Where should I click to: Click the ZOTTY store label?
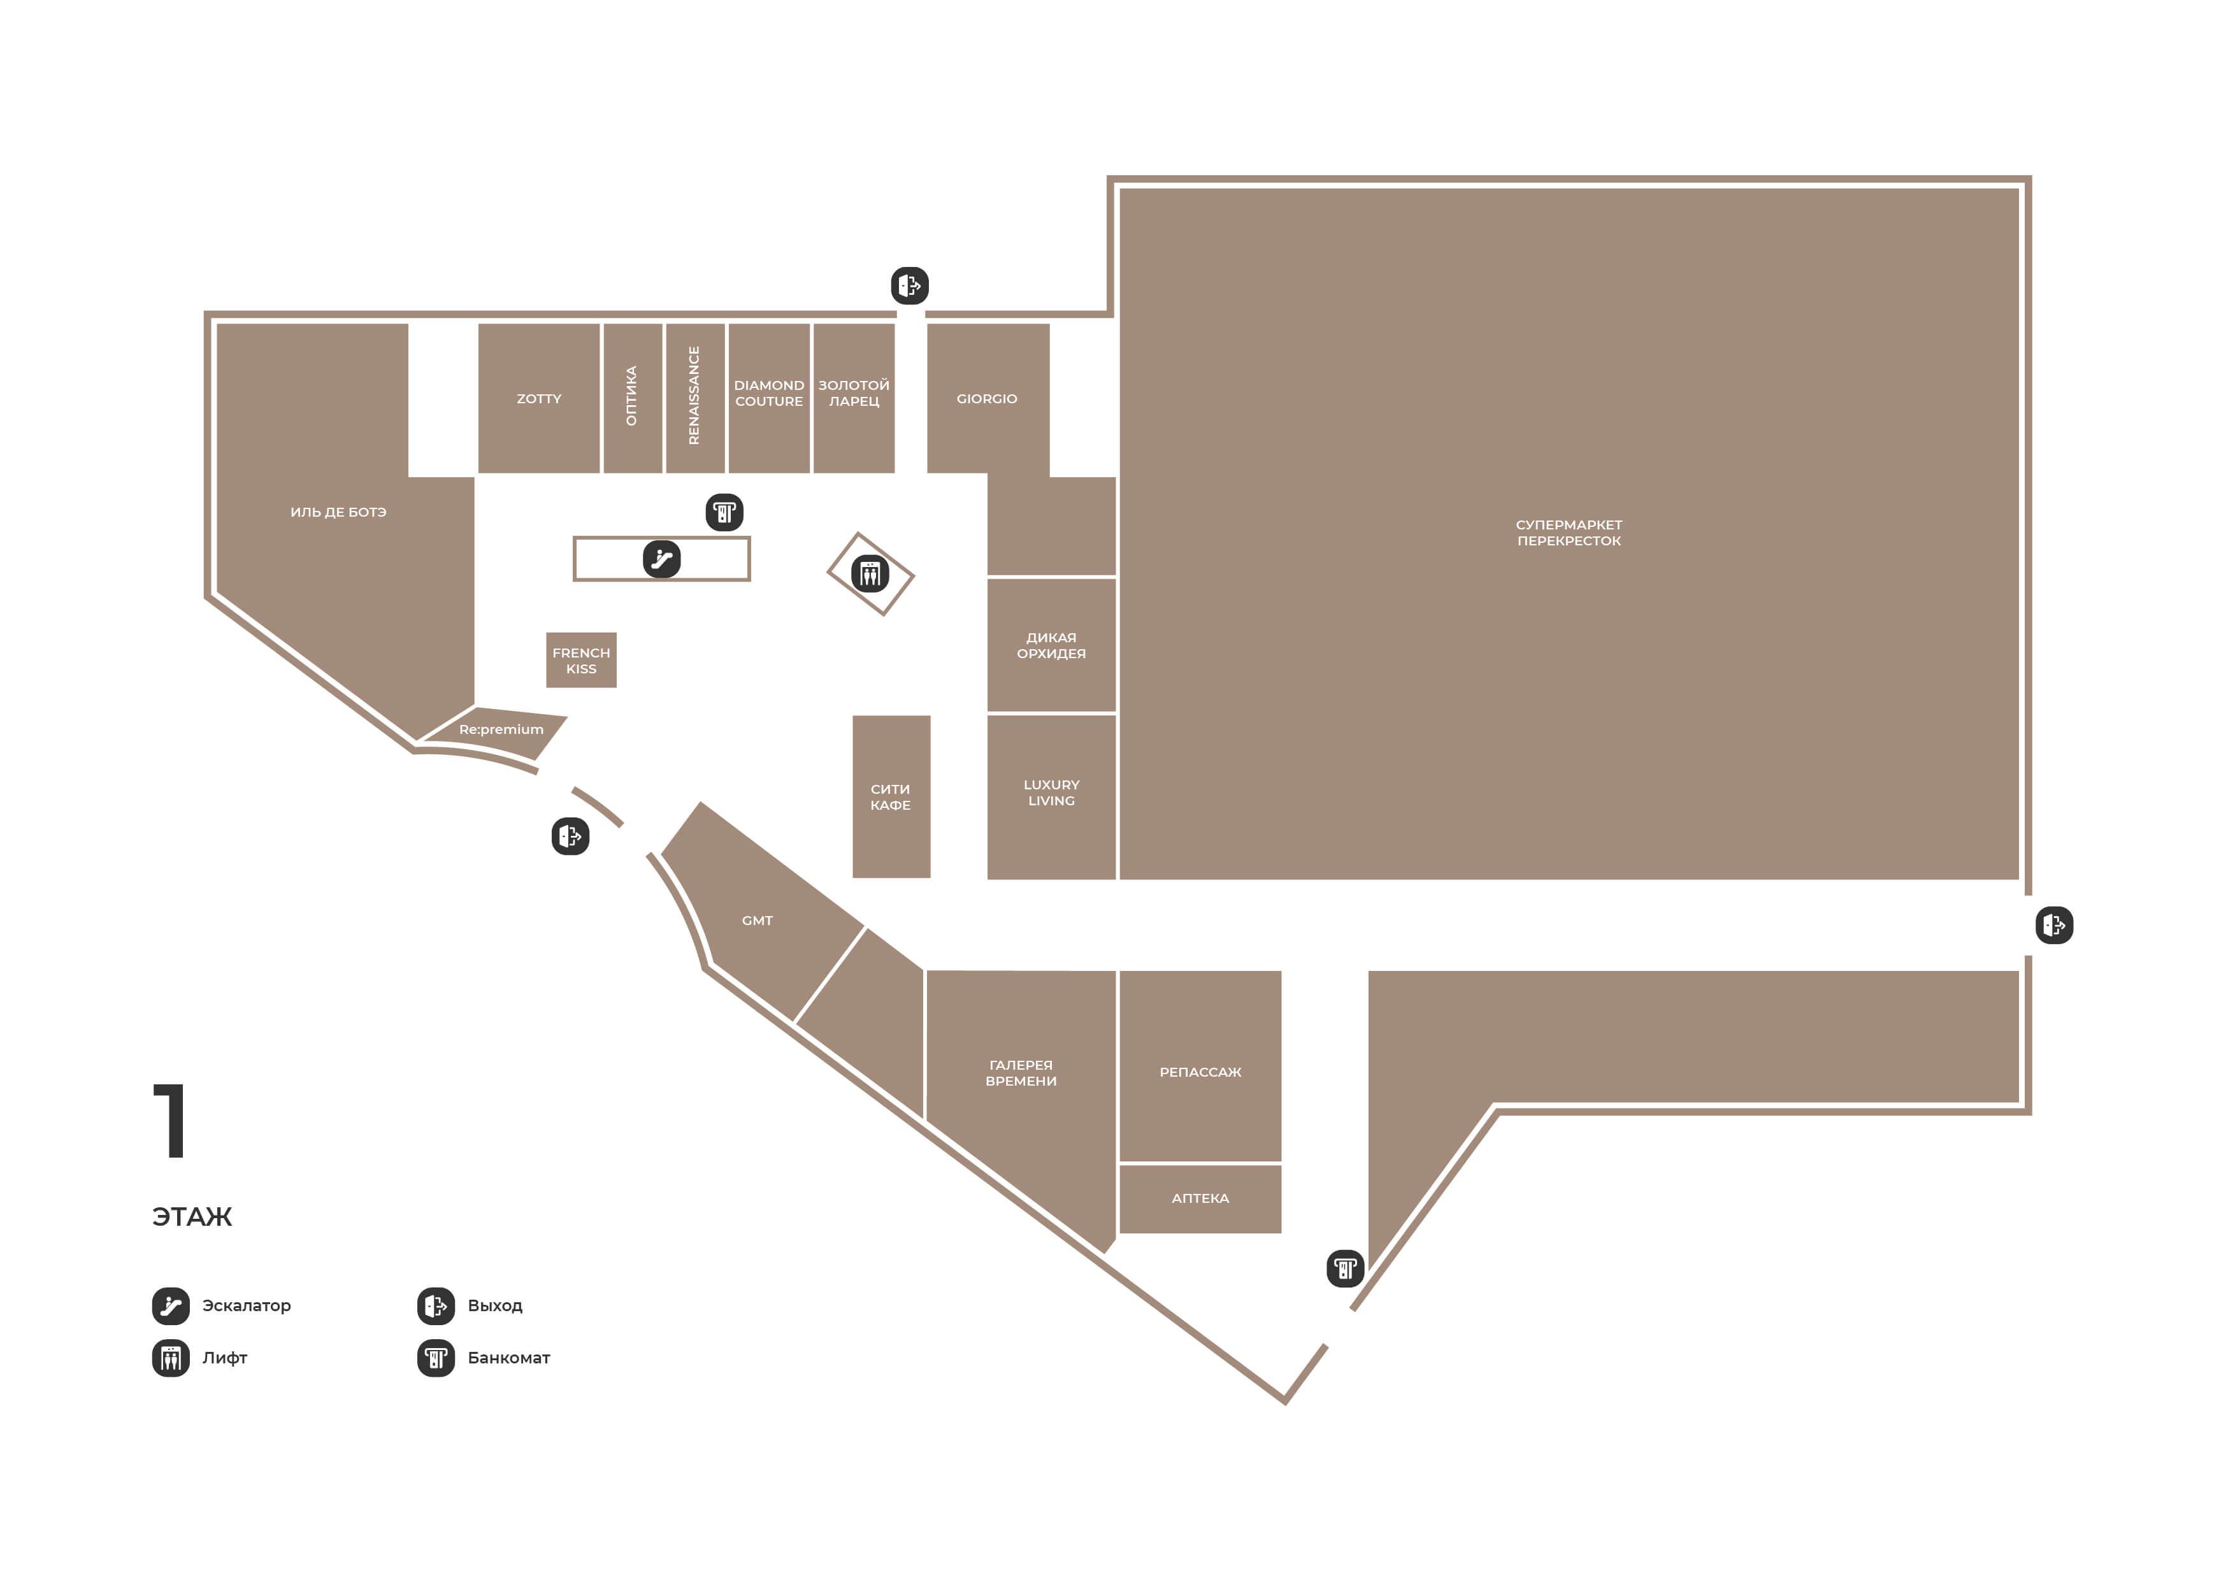(x=538, y=398)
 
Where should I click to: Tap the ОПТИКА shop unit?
(x=633, y=398)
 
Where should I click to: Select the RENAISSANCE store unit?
(x=695, y=398)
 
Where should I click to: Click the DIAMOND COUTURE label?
(x=769, y=393)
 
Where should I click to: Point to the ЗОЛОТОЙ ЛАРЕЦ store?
(x=854, y=398)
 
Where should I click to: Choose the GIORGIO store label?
(x=986, y=398)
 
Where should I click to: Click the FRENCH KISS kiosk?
(x=581, y=660)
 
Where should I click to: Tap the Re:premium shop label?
(x=501, y=729)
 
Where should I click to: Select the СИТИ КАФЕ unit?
(x=891, y=796)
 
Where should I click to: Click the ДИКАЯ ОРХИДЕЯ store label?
(x=1051, y=645)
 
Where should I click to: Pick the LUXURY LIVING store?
(x=1051, y=796)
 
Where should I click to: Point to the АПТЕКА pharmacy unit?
(x=1200, y=1198)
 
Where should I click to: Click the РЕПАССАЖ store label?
(x=1200, y=1072)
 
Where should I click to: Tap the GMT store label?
(x=758, y=920)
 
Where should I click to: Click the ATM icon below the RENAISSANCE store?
(x=724, y=512)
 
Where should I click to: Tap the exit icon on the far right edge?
(x=2054, y=925)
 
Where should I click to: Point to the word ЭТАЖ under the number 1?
(x=192, y=1217)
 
